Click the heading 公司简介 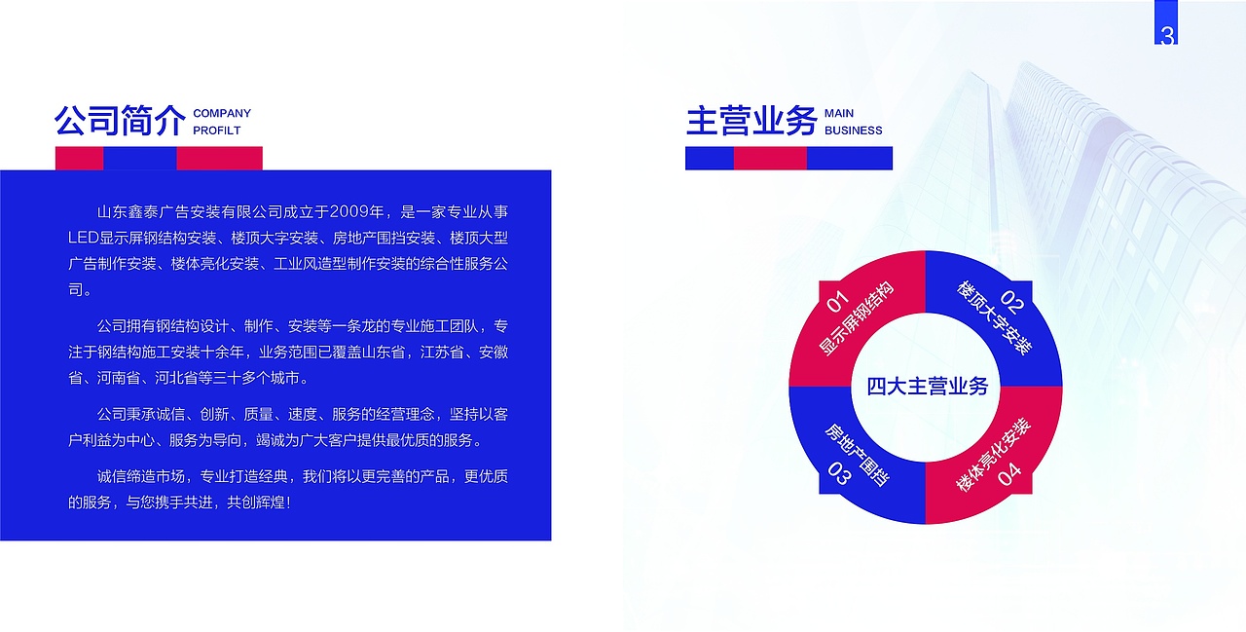tap(120, 122)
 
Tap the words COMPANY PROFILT tap(222, 122)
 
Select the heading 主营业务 tap(751, 122)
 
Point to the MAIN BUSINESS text tap(853, 122)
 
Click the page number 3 tap(1167, 36)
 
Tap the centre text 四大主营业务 tap(927, 387)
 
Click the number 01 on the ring tap(837, 300)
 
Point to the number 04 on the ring tap(1009, 474)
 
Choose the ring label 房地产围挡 tap(857, 454)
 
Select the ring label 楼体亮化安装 tap(993, 455)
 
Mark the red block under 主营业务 tap(770, 158)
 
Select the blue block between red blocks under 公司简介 tap(140, 158)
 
